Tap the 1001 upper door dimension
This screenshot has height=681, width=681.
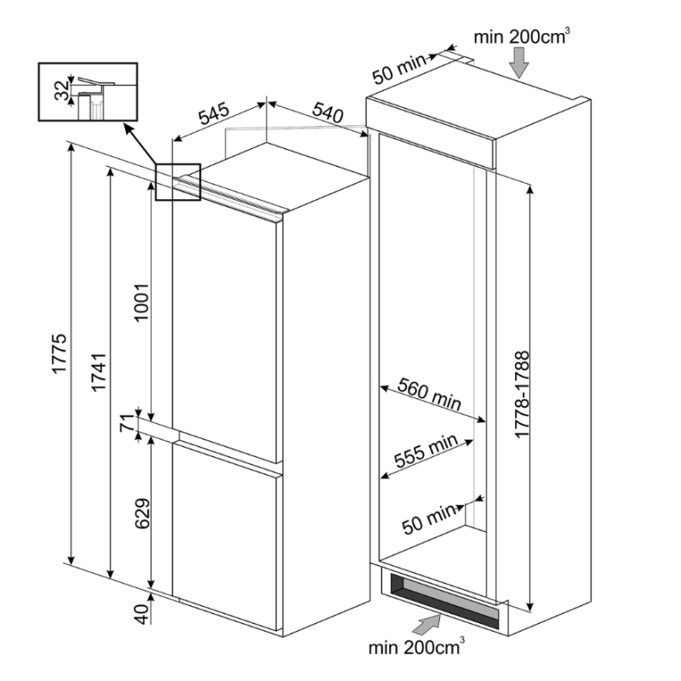(x=142, y=301)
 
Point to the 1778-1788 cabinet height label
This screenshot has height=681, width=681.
(x=522, y=394)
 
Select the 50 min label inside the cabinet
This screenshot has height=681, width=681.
(x=429, y=516)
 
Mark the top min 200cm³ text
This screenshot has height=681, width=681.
(x=522, y=36)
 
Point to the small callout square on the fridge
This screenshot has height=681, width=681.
(x=178, y=182)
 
